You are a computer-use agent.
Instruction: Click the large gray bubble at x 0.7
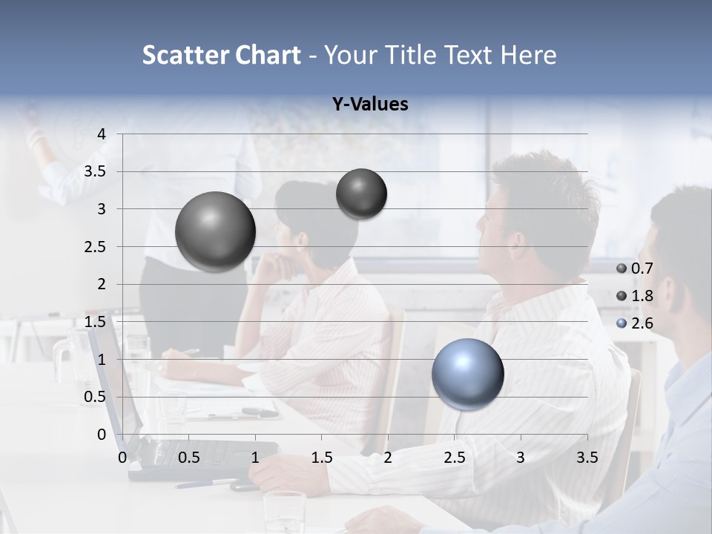click(216, 231)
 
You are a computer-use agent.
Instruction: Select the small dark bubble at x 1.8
click(361, 194)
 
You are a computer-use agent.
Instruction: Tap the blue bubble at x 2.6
click(467, 374)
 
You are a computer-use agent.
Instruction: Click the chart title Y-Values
click(370, 104)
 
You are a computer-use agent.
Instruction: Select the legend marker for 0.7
click(622, 268)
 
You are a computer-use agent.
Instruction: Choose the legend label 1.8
click(642, 296)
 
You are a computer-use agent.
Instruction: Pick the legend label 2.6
click(642, 323)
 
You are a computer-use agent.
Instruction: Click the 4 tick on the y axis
click(102, 133)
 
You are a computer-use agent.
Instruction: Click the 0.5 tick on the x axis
click(189, 458)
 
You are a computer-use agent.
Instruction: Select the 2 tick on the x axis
click(387, 458)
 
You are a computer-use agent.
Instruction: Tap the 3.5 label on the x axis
click(587, 458)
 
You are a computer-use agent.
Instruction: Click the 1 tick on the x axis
click(255, 458)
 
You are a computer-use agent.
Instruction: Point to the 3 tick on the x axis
click(520, 458)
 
